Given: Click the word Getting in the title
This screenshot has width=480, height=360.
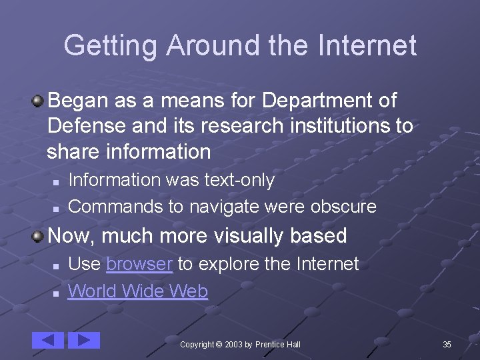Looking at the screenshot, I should click(110, 46).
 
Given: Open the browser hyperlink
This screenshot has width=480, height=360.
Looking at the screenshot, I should click(139, 264).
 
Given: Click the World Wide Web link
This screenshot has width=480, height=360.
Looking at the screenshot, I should click(138, 291).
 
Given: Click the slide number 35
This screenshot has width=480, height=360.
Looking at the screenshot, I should click(447, 344).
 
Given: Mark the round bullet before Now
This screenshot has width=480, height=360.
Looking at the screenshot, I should click(39, 236).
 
